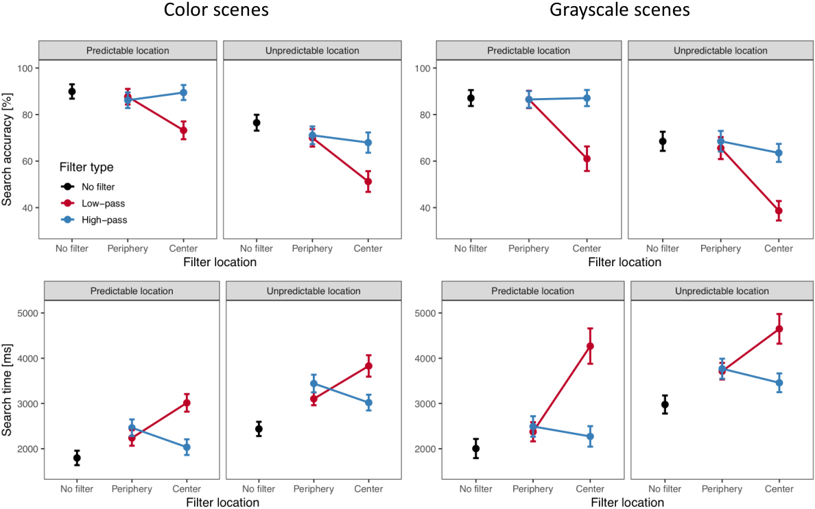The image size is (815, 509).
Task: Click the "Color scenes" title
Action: pos(216,10)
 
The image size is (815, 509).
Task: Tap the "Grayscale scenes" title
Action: pos(619,10)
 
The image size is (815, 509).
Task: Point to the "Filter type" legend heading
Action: pos(86,167)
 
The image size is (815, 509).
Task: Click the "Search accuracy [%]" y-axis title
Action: pos(7,150)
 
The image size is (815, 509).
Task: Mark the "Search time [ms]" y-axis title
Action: pos(7,390)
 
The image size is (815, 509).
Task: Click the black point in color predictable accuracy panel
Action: pos(72,91)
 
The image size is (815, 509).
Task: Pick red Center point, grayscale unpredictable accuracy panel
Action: pos(779,211)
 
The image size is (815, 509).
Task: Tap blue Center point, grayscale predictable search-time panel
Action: pos(590,437)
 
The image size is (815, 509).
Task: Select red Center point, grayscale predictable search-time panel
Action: pos(590,346)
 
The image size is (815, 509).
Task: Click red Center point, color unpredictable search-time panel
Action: pos(368,366)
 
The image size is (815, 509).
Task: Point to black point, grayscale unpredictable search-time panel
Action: pos(665,405)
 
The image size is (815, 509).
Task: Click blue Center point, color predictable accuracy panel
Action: pos(183,93)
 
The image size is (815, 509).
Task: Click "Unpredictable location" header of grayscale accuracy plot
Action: pos(720,51)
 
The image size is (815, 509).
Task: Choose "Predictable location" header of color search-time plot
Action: pos(132,291)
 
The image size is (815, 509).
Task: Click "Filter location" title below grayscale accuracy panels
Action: pos(625,262)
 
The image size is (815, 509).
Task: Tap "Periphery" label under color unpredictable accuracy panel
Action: pos(312,248)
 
